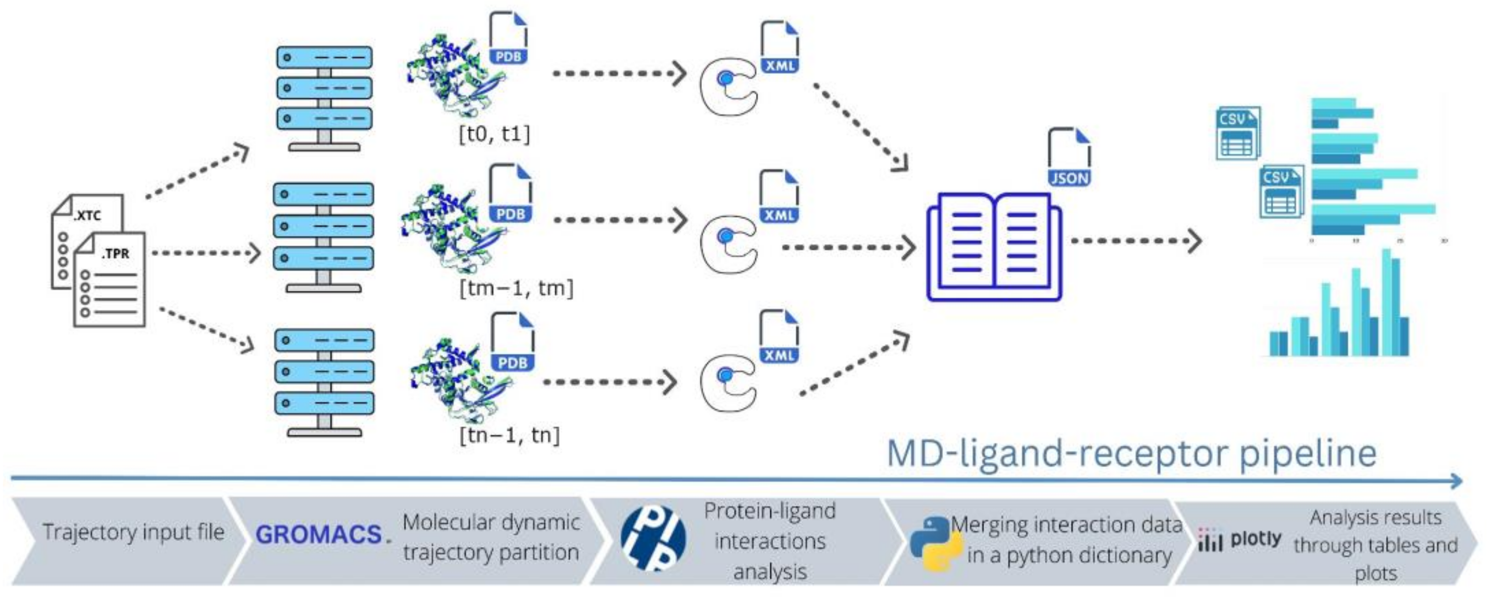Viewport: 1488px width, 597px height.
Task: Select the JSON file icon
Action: point(1069,157)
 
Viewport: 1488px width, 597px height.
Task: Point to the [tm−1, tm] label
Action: point(516,288)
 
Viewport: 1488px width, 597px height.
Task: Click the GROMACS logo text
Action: point(320,534)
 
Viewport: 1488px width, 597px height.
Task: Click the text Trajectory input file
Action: point(133,532)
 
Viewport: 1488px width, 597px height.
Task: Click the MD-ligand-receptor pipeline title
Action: point(1131,454)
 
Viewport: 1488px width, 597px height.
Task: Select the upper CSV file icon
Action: point(1237,133)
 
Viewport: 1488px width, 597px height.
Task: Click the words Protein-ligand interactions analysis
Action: point(770,541)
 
